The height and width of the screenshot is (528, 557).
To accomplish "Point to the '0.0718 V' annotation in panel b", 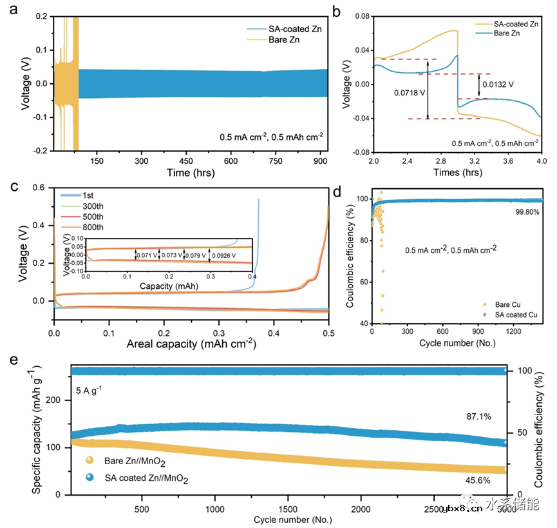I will pos(410,93).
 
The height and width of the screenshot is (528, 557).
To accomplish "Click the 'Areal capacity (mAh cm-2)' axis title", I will pos(191,344).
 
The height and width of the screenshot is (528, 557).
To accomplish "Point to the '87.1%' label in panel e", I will pos(477,417).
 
